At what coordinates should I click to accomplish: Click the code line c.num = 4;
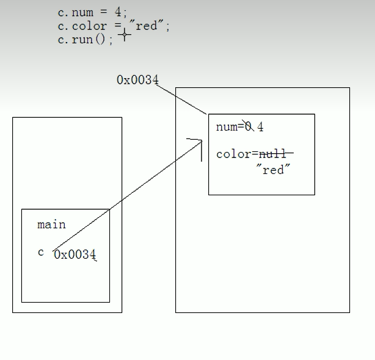click(x=91, y=13)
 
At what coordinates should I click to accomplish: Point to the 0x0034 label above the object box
click(x=137, y=80)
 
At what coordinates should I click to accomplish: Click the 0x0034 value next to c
click(x=75, y=255)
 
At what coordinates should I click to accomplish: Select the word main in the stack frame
click(x=51, y=225)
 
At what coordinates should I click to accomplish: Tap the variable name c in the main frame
click(x=41, y=252)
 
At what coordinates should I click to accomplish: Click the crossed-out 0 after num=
click(x=248, y=127)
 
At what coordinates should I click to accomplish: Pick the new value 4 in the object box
click(x=261, y=128)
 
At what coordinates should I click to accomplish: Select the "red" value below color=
click(x=273, y=170)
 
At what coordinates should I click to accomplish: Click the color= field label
click(x=233, y=154)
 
